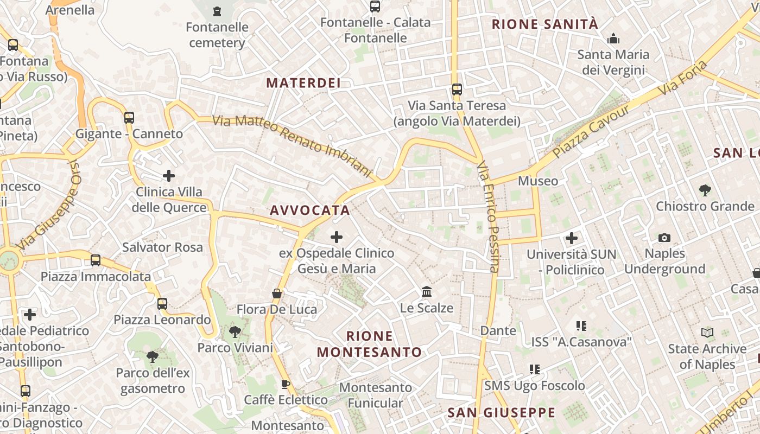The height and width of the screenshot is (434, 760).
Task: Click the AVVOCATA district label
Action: click(x=310, y=210)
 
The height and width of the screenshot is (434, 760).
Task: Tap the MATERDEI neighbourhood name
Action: click(x=303, y=83)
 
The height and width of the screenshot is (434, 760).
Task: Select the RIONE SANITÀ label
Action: click(x=545, y=24)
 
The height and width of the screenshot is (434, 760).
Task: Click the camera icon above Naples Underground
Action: click(x=664, y=238)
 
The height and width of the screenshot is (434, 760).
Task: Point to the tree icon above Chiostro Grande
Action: click(x=705, y=190)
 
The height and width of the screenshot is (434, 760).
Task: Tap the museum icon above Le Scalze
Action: click(x=427, y=292)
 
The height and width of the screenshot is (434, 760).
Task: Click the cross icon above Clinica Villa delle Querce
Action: click(x=169, y=176)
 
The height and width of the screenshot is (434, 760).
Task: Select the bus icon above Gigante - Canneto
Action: click(x=129, y=117)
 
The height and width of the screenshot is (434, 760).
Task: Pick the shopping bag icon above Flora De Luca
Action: click(x=277, y=293)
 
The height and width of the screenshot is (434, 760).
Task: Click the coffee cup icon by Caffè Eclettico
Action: click(x=286, y=384)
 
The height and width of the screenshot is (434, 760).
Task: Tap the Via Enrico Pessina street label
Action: click(x=487, y=216)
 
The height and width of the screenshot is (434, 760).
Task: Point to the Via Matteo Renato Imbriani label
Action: click(x=293, y=145)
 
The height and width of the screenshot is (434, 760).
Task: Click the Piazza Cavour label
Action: click(x=592, y=131)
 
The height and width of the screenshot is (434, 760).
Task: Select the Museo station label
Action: click(x=538, y=181)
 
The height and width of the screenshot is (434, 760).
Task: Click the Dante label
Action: click(x=498, y=330)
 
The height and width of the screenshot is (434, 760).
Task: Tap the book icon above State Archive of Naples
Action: click(x=707, y=333)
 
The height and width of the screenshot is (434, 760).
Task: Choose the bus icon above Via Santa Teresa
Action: click(x=457, y=89)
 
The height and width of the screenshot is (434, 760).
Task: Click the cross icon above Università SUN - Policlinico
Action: click(x=572, y=238)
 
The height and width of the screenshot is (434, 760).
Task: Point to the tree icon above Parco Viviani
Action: click(x=235, y=331)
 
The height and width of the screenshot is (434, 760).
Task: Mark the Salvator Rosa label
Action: click(x=162, y=247)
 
